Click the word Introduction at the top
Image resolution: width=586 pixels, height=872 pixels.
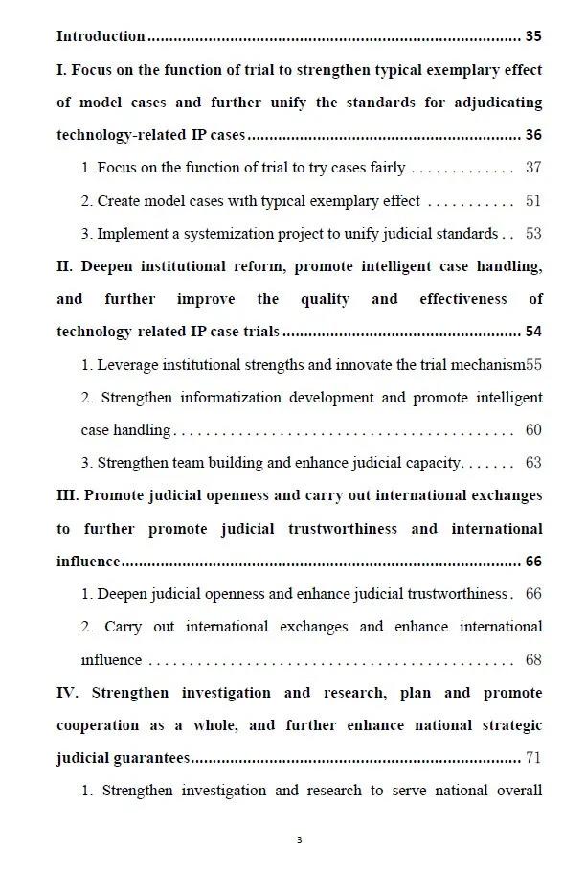101,36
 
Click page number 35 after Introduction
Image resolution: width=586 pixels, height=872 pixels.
533,36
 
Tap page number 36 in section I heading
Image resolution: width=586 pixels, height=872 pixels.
533,135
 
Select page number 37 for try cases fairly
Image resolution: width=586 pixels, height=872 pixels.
533,168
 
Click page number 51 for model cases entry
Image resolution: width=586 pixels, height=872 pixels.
533,201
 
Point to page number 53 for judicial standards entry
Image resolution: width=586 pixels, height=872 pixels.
533,234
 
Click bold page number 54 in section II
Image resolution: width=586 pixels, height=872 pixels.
533,332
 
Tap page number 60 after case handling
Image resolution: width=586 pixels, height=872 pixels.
533,430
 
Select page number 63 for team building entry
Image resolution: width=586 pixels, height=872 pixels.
533,463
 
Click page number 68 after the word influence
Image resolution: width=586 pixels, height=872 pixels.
533,660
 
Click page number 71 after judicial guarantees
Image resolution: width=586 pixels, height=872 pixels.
533,758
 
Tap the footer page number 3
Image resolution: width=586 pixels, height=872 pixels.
299,840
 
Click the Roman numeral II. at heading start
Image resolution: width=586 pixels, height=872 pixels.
65,266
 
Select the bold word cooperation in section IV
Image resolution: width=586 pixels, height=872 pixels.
102,725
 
